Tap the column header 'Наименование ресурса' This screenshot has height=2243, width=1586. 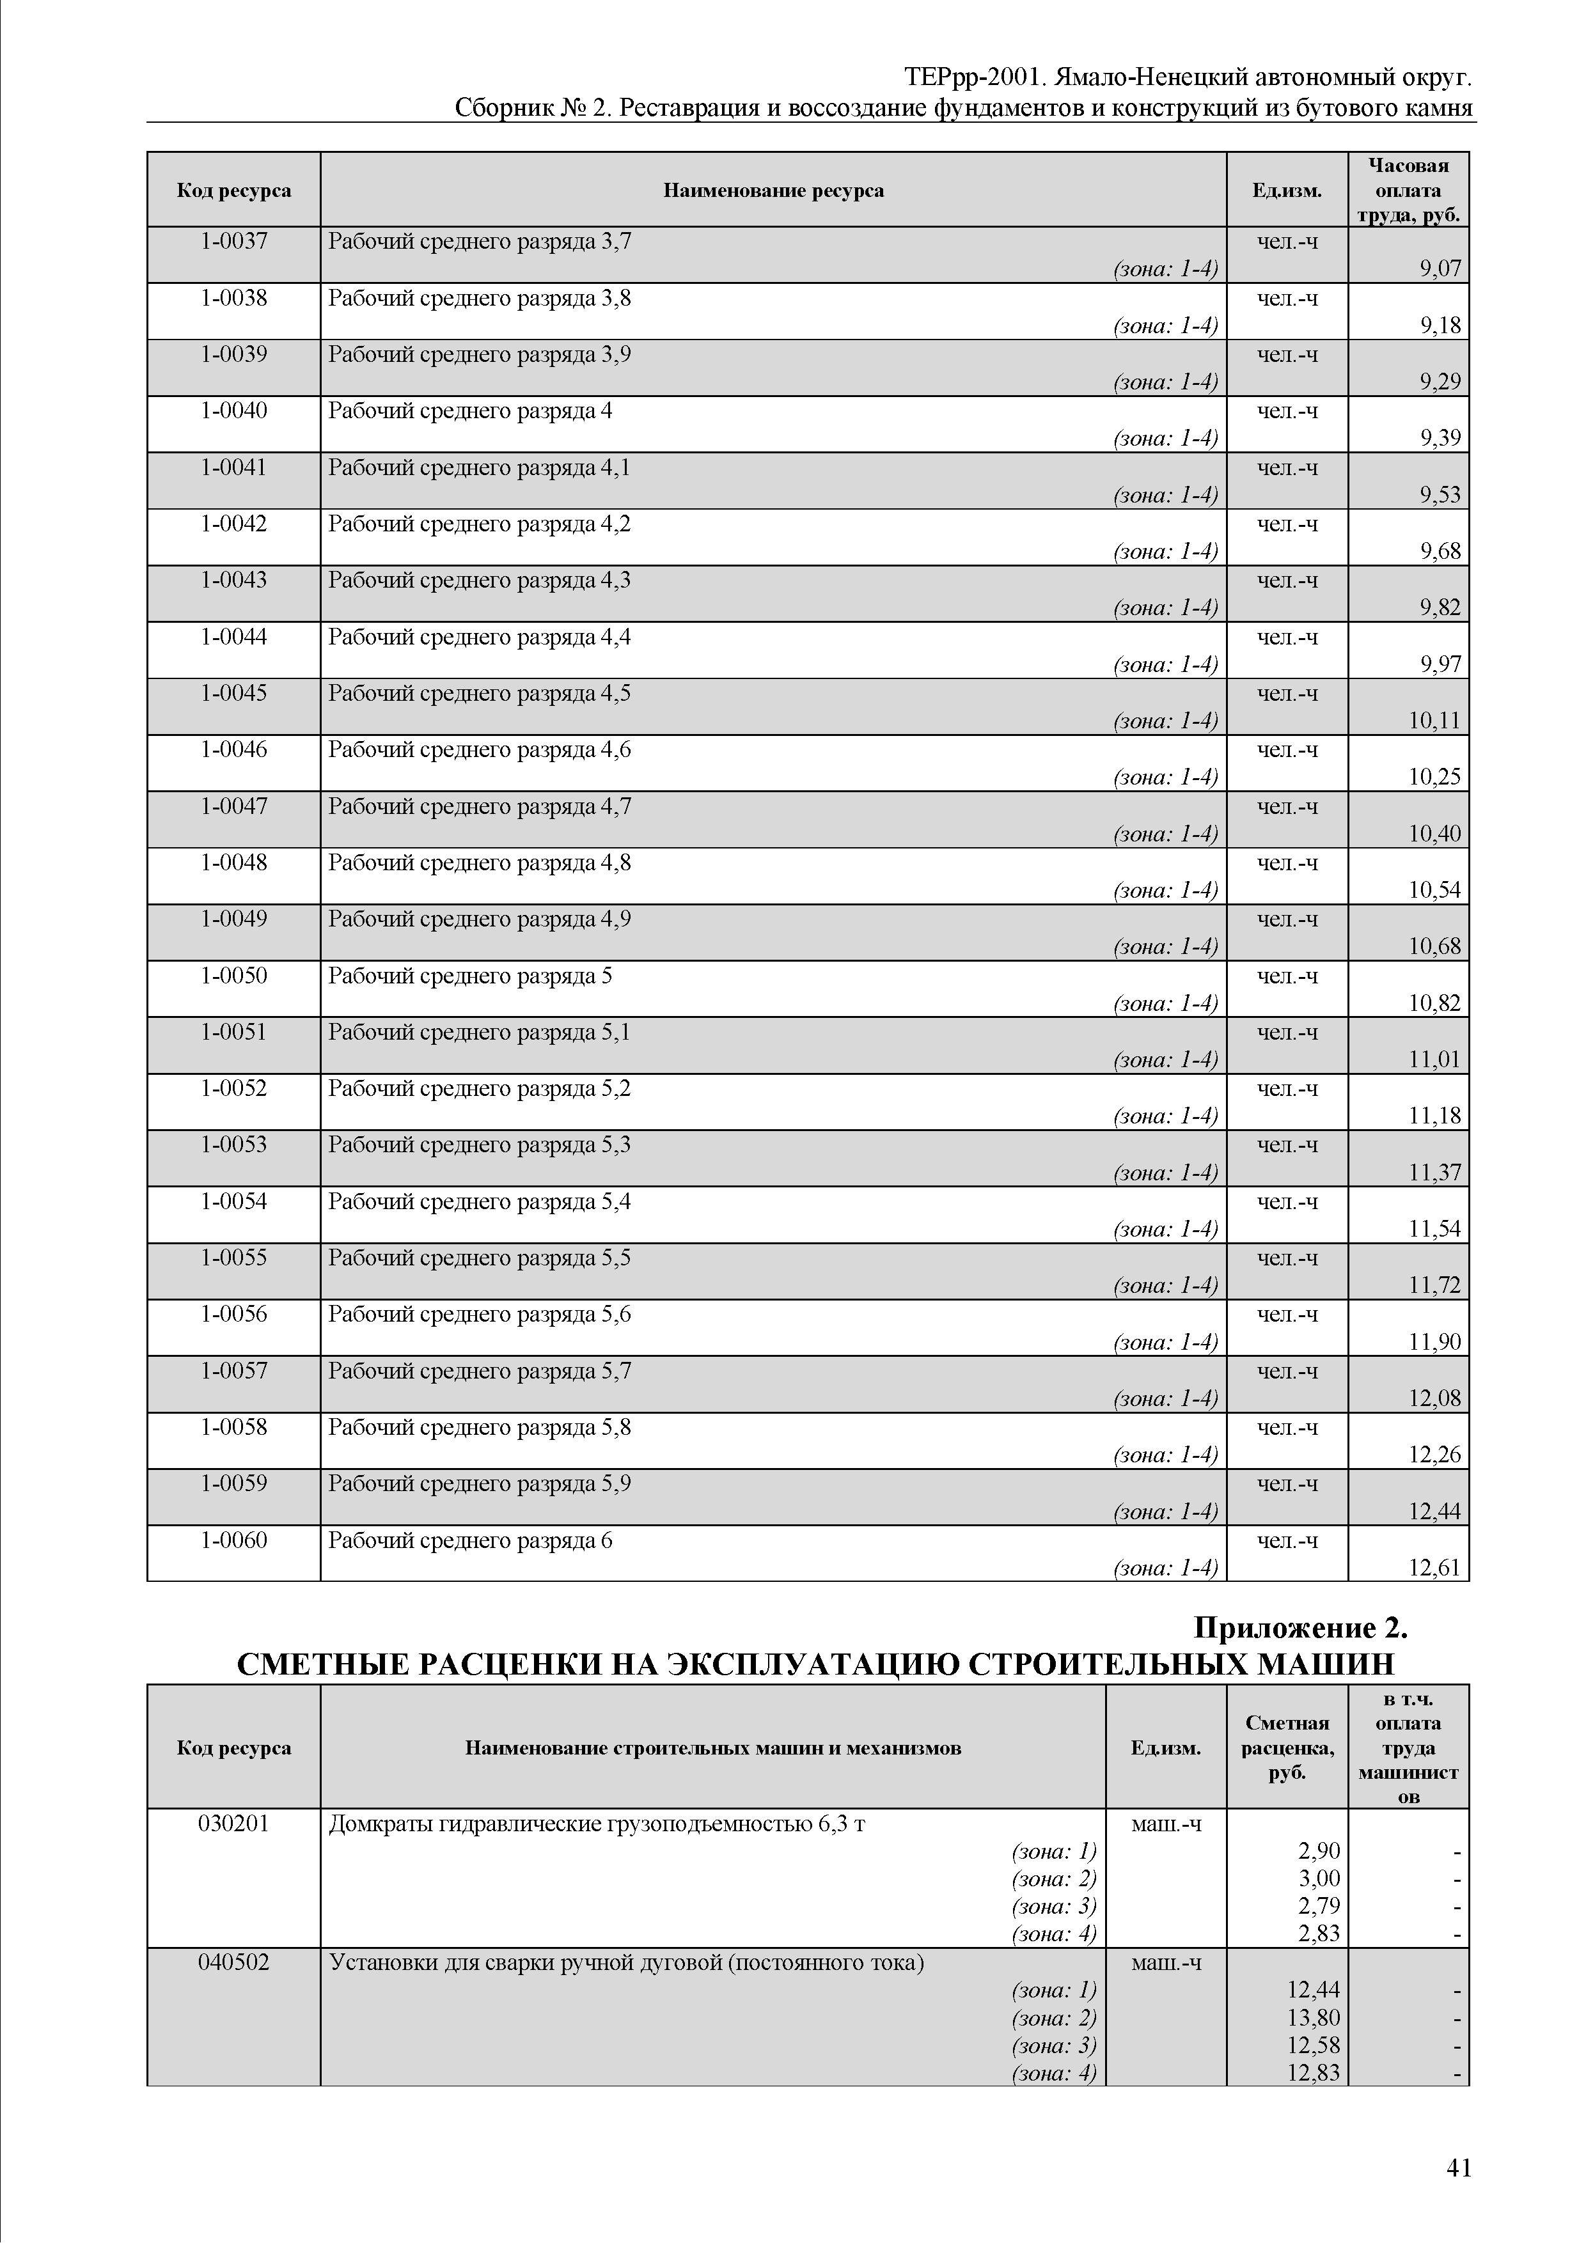tap(773, 191)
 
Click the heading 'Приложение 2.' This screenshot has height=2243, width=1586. tap(1301, 1627)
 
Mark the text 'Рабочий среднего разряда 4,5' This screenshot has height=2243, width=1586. tap(479, 694)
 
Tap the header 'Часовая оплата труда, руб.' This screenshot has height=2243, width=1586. tap(1408, 191)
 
